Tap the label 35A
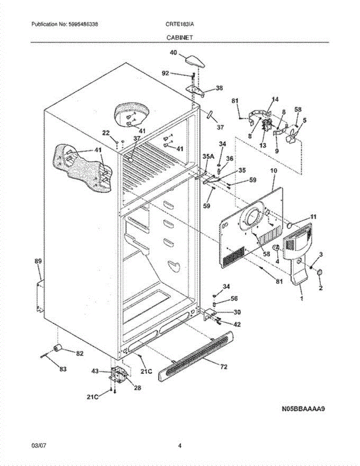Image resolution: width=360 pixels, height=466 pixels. tap(209, 156)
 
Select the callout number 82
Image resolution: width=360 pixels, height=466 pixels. tap(80, 353)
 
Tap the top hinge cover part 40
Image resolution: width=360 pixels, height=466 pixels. tap(195, 61)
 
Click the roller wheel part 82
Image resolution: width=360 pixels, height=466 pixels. tap(59, 348)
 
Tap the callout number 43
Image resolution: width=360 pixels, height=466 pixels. tap(95, 372)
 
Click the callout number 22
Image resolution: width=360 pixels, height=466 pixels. tap(106, 133)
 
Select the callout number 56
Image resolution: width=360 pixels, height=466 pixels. tap(234, 299)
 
